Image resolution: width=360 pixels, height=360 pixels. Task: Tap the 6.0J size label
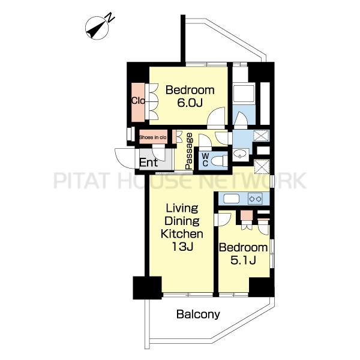190,103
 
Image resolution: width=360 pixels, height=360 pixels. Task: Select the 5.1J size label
243,260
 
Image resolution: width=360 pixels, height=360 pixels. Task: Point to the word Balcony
198,314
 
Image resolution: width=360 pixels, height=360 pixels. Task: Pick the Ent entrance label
149,163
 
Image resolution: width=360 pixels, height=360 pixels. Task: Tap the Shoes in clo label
152,137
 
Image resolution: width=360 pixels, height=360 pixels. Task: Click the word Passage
189,151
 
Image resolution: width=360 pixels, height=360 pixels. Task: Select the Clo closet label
138,101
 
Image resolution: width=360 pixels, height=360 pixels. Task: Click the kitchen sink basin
231,199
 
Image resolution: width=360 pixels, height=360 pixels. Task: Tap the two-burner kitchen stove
255,199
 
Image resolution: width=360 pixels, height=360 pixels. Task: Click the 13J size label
182,247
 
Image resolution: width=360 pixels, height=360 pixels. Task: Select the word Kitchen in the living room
182,234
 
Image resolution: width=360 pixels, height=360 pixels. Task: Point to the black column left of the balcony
148,287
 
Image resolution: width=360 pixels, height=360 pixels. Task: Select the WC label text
205,160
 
